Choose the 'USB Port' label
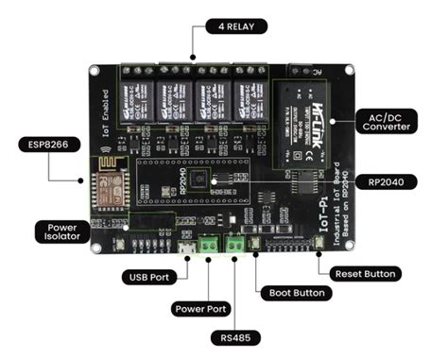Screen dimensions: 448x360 (x=147, y=278)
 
